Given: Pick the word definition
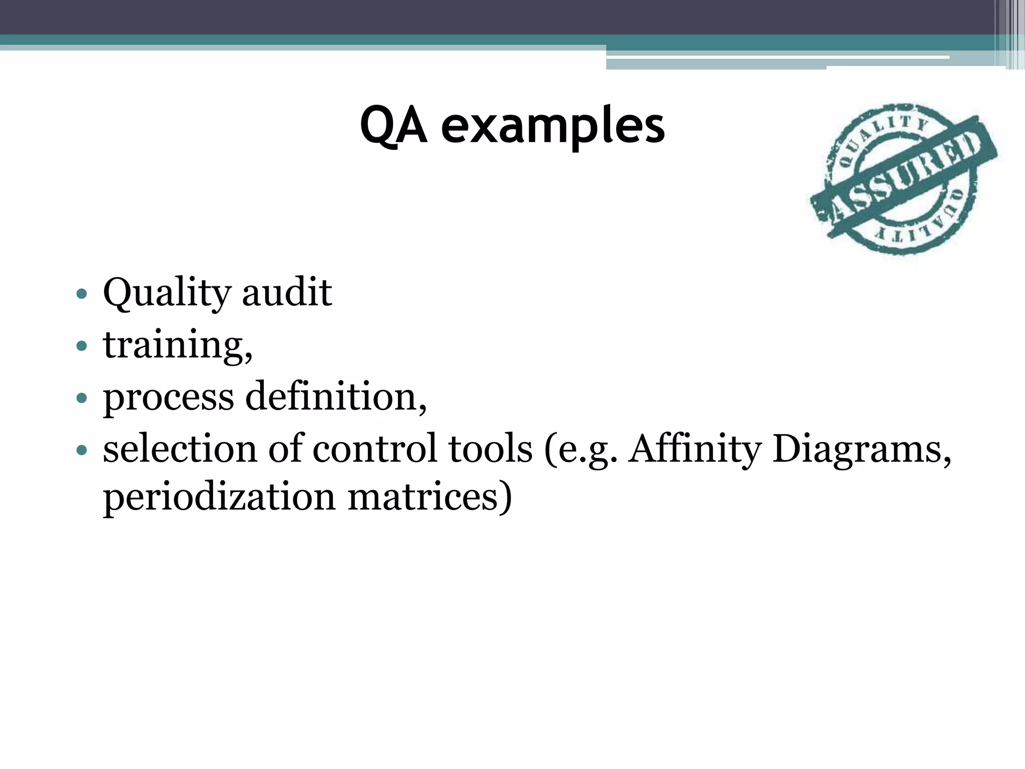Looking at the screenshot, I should [x=335, y=397].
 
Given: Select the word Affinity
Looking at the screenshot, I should [x=694, y=449].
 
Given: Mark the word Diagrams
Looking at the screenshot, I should [x=861, y=449].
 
